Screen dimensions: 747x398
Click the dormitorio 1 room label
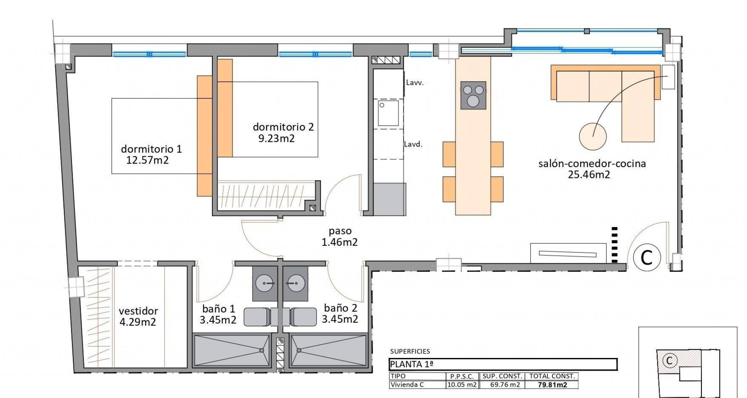pyautogui.click(x=151, y=149)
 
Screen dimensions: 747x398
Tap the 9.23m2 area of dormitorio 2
pyautogui.click(x=276, y=138)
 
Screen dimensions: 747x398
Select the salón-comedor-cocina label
pyautogui.click(x=592, y=164)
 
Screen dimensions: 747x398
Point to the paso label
pyautogui.click(x=340, y=231)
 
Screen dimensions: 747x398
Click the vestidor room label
pyautogui.click(x=138, y=311)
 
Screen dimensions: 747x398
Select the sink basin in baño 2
pyautogui.click(x=295, y=283)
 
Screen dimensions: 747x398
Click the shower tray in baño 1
pyautogui.click(x=232, y=350)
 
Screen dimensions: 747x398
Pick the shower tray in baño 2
pyautogui.click(x=328, y=350)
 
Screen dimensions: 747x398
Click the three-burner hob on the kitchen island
pyautogui.click(x=473, y=95)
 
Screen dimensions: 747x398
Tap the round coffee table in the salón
pyautogui.click(x=593, y=136)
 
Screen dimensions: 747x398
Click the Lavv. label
pyautogui.click(x=415, y=83)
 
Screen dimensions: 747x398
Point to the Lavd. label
pyautogui.click(x=413, y=144)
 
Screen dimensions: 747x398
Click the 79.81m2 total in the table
pyautogui.click(x=552, y=385)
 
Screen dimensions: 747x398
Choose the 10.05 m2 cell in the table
pyautogui.click(x=462, y=385)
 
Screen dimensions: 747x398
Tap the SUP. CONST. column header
pyautogui.click(x=502, y=376)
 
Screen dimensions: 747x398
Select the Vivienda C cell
pyautogui.click(x=407, y=385)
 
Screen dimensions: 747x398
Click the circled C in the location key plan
pyautogui.click(x=669, y=361)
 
